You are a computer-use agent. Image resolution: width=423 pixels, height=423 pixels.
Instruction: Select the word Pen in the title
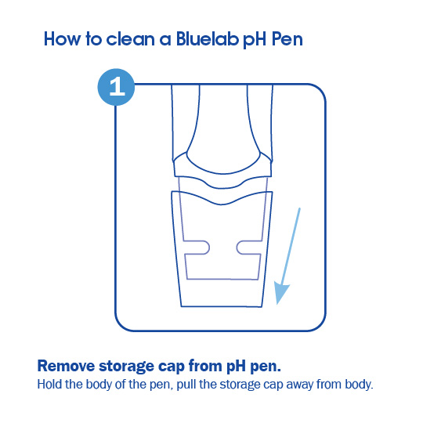click(284, 38)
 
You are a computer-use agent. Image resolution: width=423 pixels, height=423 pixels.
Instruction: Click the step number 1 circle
click(117, 87)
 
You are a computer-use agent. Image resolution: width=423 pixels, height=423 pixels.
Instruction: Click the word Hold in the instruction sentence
click(49, 385)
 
